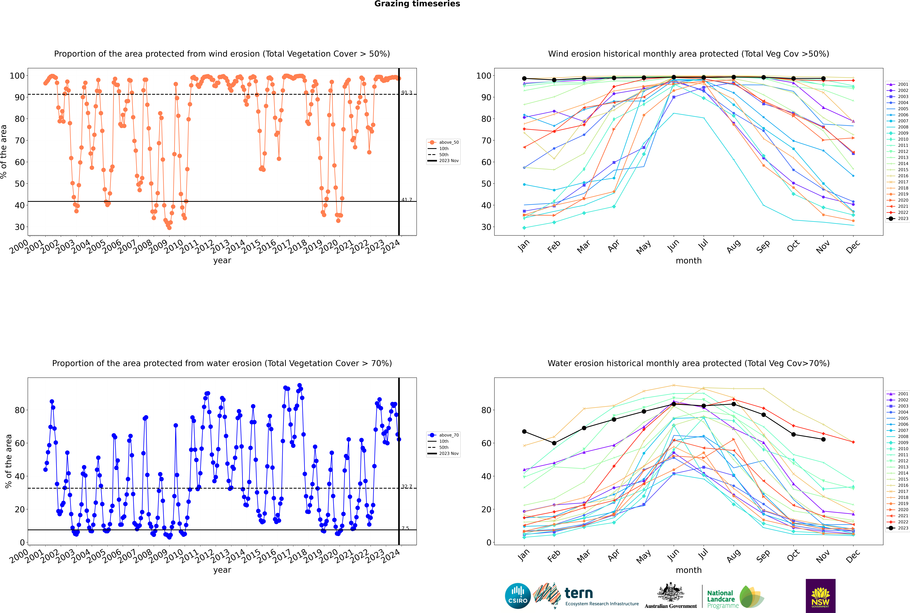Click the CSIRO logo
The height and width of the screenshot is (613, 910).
518,596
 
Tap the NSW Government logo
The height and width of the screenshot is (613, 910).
820,596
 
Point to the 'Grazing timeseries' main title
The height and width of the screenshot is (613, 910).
417,4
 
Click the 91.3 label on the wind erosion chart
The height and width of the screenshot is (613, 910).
407,93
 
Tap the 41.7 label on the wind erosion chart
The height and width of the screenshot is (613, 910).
407,200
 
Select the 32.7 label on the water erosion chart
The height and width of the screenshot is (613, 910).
407,486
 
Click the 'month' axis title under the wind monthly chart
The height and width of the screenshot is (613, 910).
689,261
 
